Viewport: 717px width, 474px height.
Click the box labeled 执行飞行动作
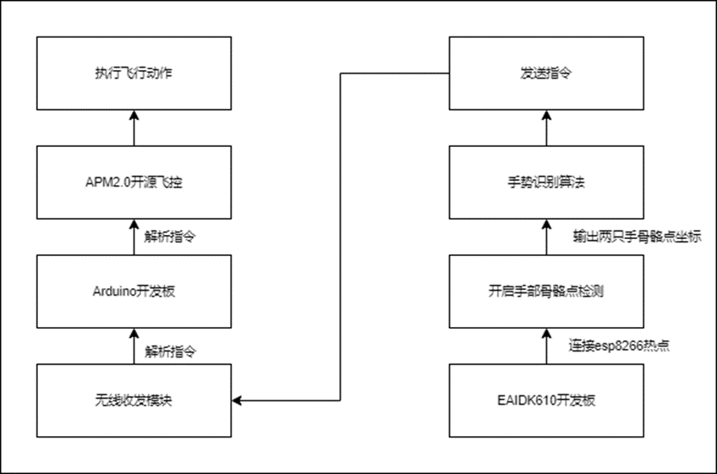pyautogui.click(x=134, y=74)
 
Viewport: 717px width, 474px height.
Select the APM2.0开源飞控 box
pyautogui.click(x=134, y=182)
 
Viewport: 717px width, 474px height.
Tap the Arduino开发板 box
pyautogui.click(x=134, y=291)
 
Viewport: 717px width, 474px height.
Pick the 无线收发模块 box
pyautogui.click(x=134, y=400)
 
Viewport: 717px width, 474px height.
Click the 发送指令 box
pyautogui.click(x=545, y=74)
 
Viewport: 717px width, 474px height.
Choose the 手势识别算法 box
pyautogui.click(x=545, y=182)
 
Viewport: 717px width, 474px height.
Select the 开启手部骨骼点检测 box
pyautogui.click(x=545, y=291)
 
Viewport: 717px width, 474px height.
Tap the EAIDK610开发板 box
pyautogui.click(x=545, y=400)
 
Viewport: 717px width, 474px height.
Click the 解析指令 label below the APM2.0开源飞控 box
pyautogui.click(x=171, y=237)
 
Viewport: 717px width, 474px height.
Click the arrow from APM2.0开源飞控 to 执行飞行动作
pyautogui.click(x=134, y=128)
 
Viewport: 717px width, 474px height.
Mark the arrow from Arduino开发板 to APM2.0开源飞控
pyautogui.click(x=134, y=237)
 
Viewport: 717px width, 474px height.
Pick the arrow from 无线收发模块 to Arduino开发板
pyautogui.click(x=134, y=346)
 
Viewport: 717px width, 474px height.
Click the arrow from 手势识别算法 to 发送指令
pyautogui.click(x=545, y=128)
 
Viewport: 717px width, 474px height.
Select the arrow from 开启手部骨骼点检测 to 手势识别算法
pyautogui.click(x=545, y=237)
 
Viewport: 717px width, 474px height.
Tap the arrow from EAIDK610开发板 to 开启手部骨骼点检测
pyautogui.click(x=545, y=346)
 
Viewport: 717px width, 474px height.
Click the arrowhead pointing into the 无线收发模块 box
pyautogui.click(x=238, y=400)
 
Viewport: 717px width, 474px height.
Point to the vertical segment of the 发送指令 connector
pyautogui.click(x=340, y=237)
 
